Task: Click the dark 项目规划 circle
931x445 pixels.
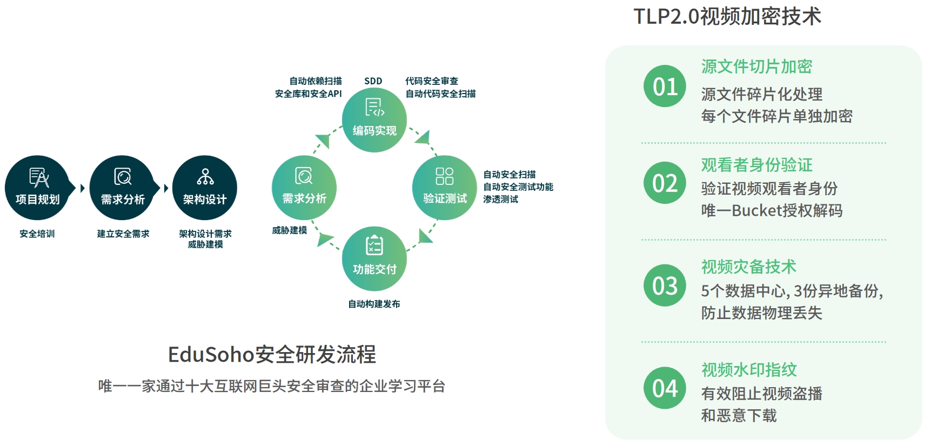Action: pos(37,188)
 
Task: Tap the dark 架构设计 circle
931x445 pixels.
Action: pos(205,188)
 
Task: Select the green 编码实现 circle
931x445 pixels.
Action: pos(374,120)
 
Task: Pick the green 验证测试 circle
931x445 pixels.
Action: pos(445,188)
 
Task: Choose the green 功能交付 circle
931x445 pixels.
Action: pos(374,258)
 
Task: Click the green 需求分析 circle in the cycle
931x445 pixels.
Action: pos(304,188)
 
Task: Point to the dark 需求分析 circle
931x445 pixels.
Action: pos(122,188)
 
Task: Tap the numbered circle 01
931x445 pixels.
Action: pos(665,87)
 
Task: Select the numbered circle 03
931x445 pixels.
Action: pos(665,285)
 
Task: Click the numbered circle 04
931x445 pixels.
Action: pos(665,388)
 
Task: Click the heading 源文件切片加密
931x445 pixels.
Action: pos(756,67)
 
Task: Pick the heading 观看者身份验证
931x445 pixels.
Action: pos(756,164)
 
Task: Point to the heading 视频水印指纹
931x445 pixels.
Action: pos(749,370)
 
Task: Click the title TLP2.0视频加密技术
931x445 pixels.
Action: pos(727,16)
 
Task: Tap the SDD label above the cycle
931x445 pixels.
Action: pos(373,81)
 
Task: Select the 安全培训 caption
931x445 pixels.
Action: pos(37,234)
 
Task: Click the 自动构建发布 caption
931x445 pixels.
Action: pos(374,304)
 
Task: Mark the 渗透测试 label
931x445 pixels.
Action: pos(500,199)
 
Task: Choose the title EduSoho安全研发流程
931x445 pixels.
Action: pos(272,355)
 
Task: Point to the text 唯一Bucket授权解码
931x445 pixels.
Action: pos(772,210)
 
